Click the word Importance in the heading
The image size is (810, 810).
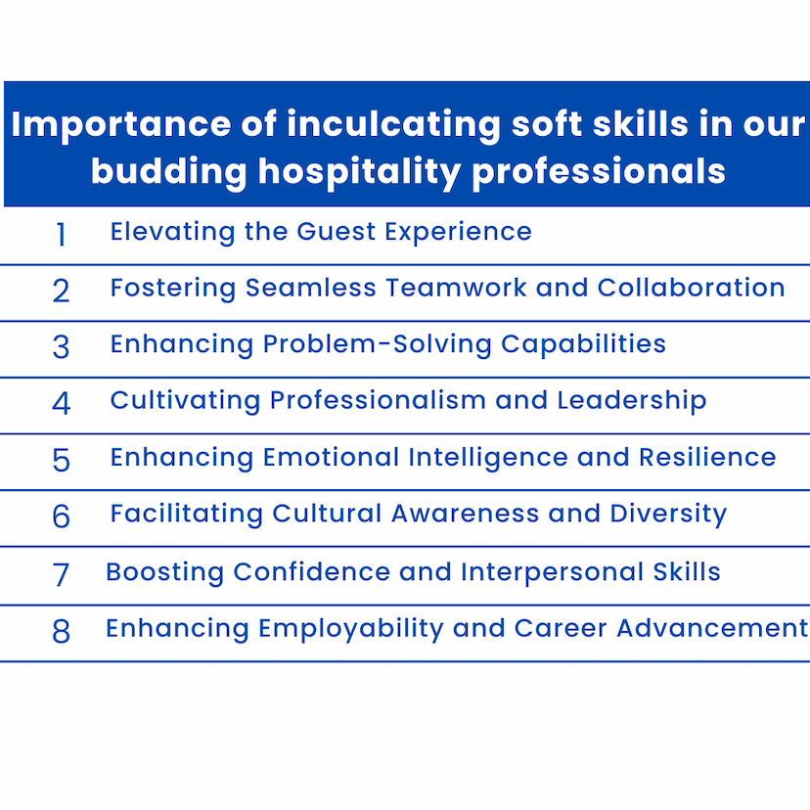click(121, 125)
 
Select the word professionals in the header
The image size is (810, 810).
click(600, 172)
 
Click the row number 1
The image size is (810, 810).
click(61, 235)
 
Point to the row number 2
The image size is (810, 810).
click(61, 291)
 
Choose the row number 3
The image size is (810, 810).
click(61, 347)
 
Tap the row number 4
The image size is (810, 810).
click(61, 403)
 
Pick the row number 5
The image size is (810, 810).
click(61, 460)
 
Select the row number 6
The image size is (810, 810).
click(61, 517)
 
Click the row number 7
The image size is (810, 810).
click(61, 574)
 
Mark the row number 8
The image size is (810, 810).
click(61, 631)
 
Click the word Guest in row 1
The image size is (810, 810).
click(337, 232)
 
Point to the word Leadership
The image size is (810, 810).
click(632, 401)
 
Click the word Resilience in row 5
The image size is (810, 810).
click(707, 458)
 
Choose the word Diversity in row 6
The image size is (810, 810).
click(668, 515)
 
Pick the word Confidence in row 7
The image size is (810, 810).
click(311, 572)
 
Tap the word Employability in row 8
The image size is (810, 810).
click(351, 630)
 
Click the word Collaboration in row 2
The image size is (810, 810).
click(692, 288)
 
